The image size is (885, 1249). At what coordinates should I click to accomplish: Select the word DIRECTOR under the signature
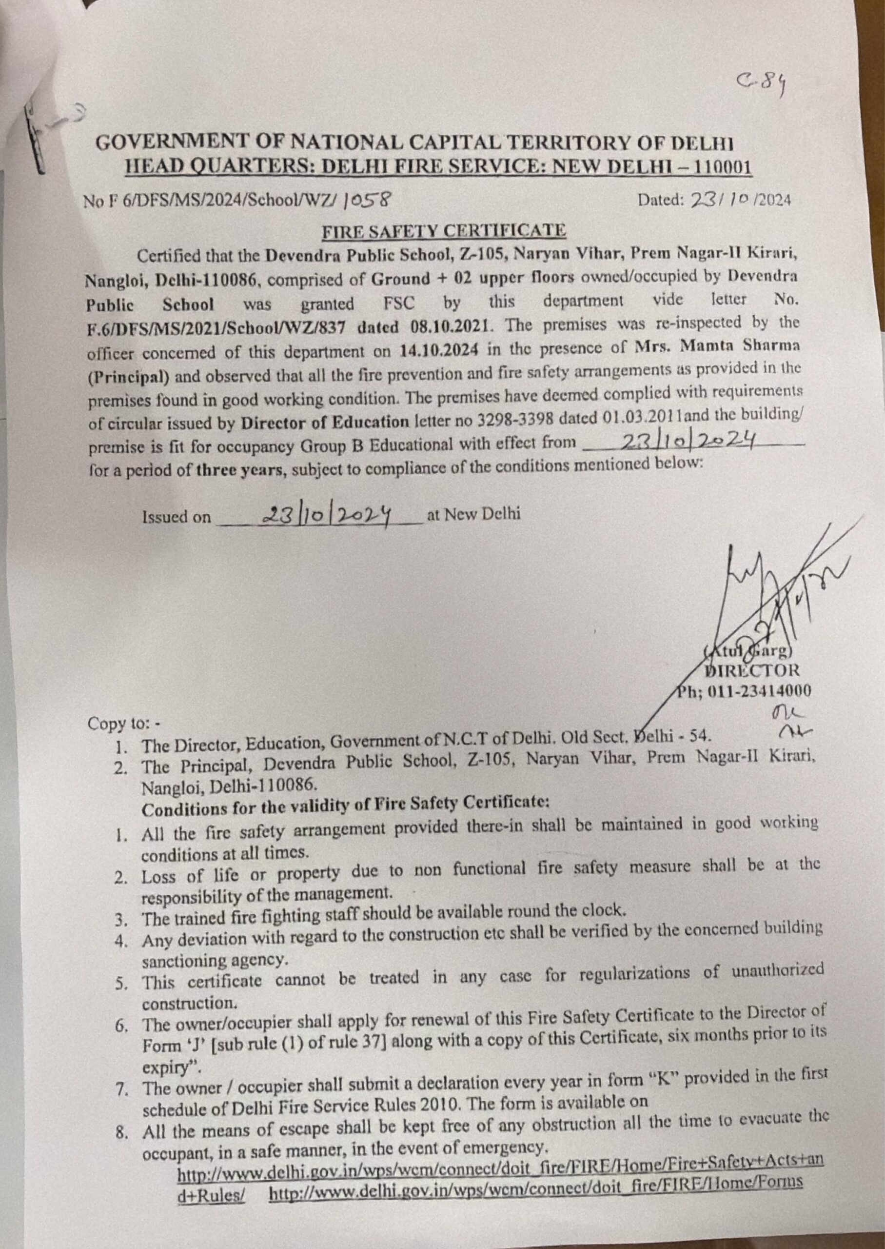tap(752, 670)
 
